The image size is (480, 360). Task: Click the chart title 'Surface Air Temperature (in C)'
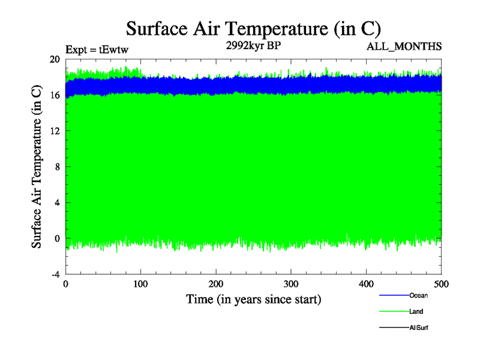click(253, 28)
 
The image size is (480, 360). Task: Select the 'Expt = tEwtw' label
click(97, 50)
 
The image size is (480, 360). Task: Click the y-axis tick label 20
click(55, 59)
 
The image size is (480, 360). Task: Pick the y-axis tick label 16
click(55, 95)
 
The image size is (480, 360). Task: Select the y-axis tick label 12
click(55, 131)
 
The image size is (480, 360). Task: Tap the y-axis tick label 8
click(57, 167)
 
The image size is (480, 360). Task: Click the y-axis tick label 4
click(57, 202)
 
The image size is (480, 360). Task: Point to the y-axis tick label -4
click(55, 274)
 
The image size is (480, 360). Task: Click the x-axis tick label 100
click(140, 284)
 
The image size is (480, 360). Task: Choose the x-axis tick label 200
click(216, 284)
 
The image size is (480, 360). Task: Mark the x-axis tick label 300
click(291, 284)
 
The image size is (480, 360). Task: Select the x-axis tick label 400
click(366, 284)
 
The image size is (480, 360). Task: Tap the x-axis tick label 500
click(441, 284)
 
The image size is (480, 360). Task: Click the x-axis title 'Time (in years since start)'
click(253, 299)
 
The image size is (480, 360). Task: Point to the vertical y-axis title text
click(37, 167)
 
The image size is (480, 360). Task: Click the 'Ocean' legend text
click(418, 295)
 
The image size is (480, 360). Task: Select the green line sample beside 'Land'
click(394, 311)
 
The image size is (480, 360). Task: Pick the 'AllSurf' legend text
click(419, 328)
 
